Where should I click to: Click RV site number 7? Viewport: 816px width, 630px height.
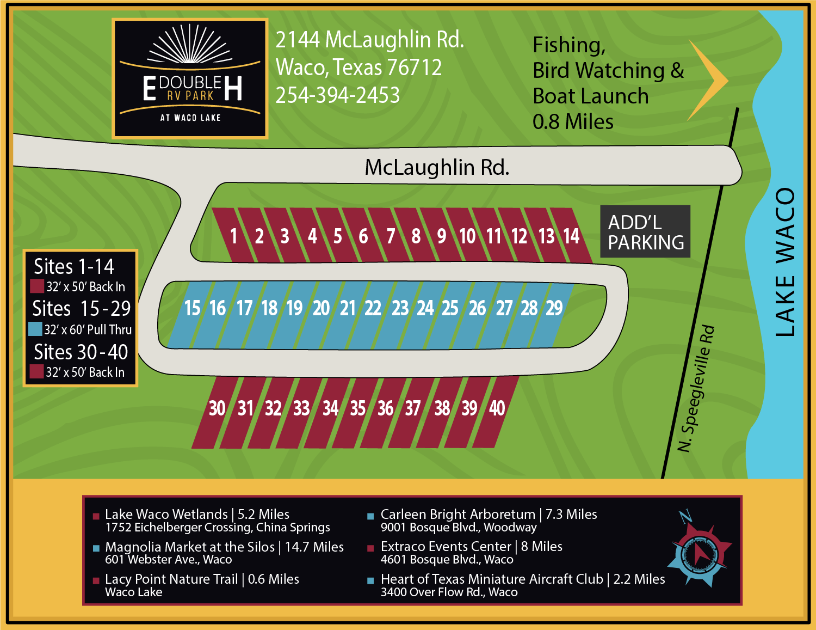[x=391, y=236]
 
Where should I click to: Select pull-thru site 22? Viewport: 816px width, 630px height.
[x=373, y=309]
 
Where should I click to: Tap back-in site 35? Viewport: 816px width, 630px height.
[x=357, y=408]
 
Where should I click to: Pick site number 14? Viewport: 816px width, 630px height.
[x=571, y=236]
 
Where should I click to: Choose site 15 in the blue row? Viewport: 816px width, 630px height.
[x=192, y=309]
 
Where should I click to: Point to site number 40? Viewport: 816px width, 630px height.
[x=497, y=408]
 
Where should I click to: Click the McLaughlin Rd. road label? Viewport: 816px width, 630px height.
[x=437, y=168]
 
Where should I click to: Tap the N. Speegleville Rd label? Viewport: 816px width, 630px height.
[x=696, y=389]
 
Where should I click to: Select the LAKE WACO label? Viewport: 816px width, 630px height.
[x=784, y=262]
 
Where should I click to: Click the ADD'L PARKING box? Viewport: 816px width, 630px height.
[x=645, y=232]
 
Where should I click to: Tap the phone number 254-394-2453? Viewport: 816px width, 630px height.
[x=337, y=95]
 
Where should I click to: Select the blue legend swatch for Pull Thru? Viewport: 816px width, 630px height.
[x=35, y=329]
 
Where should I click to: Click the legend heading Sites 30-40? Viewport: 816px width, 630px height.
[x=81, y=352]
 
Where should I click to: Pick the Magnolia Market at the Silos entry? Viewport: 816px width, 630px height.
[x=224, y=547]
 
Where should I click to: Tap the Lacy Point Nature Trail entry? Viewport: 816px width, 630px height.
[x=202, y=579]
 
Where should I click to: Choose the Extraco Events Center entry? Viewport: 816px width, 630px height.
[x=471, y=547]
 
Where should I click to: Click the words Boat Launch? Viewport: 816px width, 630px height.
[x=590, y=96]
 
